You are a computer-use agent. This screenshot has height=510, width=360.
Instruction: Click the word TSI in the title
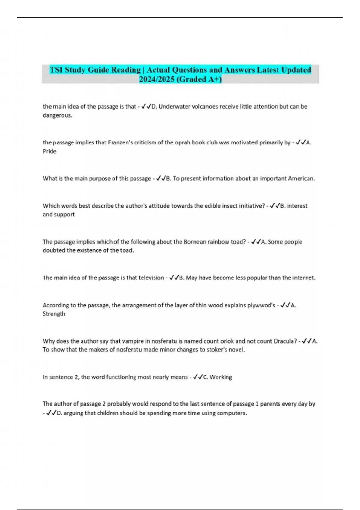click(56, 70)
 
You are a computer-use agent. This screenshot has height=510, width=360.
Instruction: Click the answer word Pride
click(49, 151)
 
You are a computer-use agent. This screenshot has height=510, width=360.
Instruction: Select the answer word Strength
click(54, 314)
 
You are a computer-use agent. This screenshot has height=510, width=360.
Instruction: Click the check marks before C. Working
click(198, 377)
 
